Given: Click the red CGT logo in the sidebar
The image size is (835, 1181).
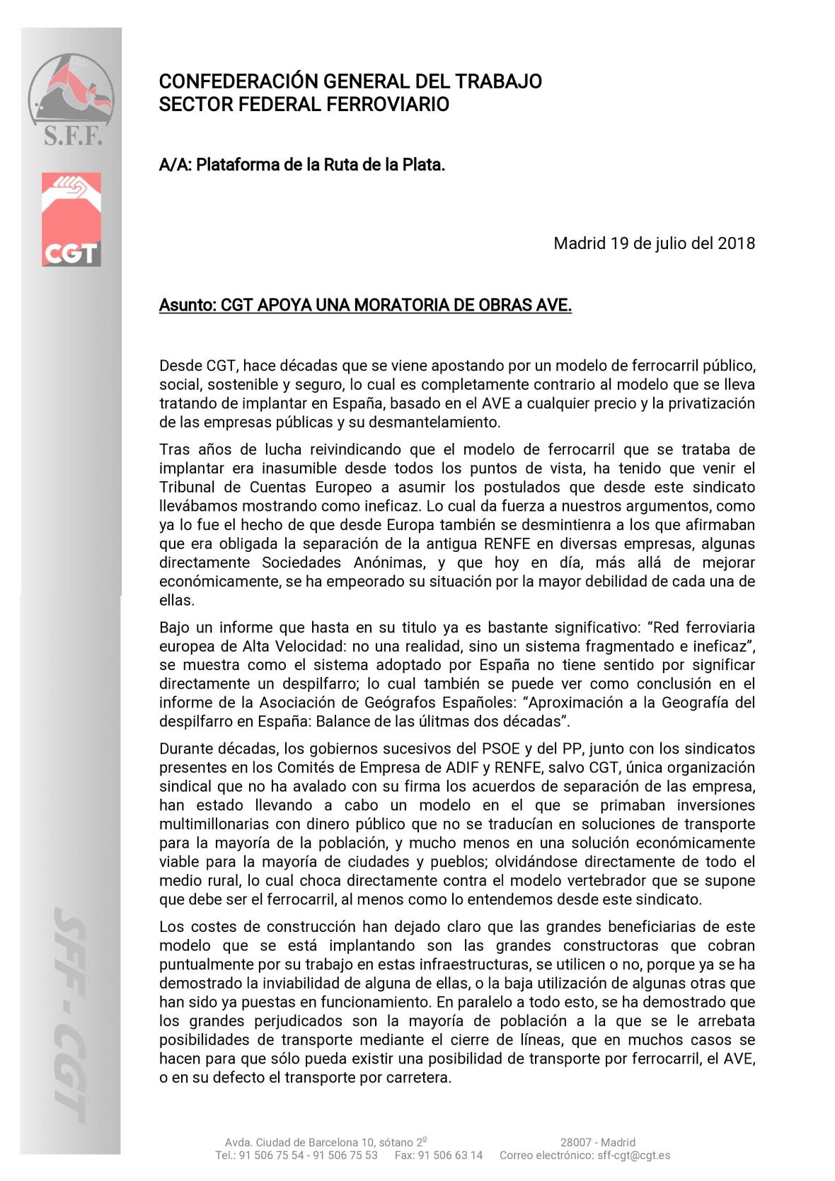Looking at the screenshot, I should [71, 219].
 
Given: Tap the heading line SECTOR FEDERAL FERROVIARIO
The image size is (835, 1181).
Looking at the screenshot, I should [304, 105].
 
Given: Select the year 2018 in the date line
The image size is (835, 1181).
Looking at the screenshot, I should [736, 243].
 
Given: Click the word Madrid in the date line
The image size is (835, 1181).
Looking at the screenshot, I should [580, 243].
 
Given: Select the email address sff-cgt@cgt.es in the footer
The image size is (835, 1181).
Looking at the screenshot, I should [633, 1155].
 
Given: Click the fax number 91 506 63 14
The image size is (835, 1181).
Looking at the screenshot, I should [450, 1155].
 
